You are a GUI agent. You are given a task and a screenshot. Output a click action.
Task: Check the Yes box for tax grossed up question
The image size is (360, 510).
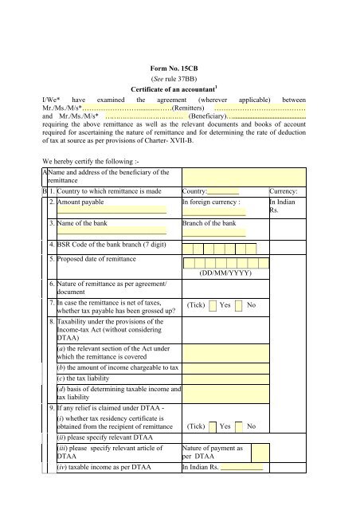(213, 305)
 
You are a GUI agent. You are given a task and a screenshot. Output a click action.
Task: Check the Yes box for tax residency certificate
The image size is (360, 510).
(213, 426)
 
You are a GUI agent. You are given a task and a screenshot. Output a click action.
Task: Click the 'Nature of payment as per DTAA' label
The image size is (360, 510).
(213, 455)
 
